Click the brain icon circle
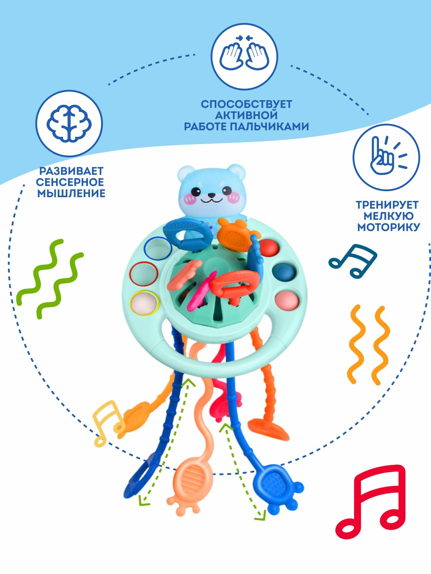(x=69, y=123)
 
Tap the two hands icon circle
(x=244, y=56)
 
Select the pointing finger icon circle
(x=386, y=157)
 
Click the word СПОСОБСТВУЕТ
(x=246, y=104)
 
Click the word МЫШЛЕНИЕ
(x=71, y=193)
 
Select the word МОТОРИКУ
(x=388, y=227)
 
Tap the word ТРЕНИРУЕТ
(x=387, y=205)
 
